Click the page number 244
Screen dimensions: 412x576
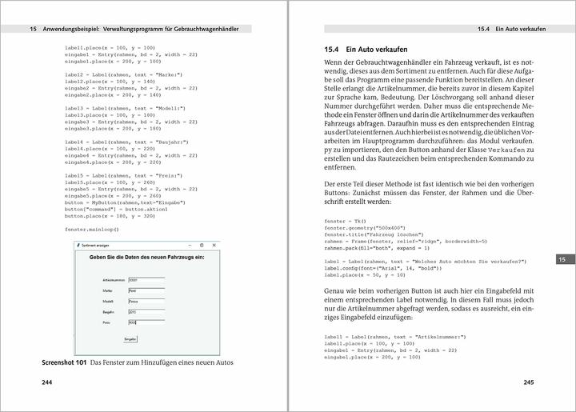click(x=49, y=382)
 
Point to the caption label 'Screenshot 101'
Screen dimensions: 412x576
click(x=64, y=362)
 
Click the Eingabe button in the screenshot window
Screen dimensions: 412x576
click(x=130, y=339)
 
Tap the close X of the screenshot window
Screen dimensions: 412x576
click(x=213, y=245)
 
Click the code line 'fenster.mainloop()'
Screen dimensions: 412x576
click(x=91, y=230)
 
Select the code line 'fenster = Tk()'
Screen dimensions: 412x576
click(x=345, y=221)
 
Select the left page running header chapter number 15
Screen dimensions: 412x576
click(x=33, y=29)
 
